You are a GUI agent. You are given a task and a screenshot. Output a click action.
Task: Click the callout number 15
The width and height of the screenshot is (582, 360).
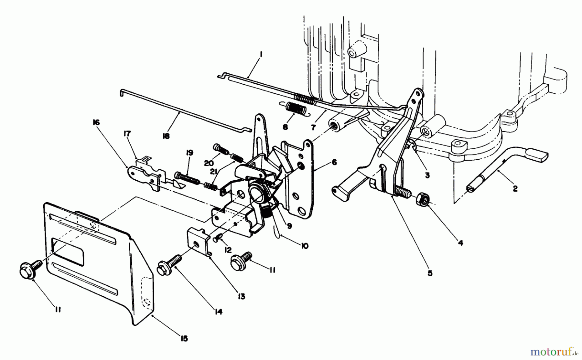coord(184,338)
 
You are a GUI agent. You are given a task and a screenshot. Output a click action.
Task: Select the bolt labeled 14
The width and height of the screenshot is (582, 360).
coord(167,267)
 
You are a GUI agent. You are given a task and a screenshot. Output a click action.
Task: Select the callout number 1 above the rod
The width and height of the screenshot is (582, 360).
coord(261,55)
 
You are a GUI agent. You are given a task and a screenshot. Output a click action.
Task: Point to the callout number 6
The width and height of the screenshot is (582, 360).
coord(334,162)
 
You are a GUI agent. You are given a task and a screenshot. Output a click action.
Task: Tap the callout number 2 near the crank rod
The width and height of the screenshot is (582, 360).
coord(515,188)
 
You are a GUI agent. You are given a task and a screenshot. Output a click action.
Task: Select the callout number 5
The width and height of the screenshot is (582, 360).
coord(430,273)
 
